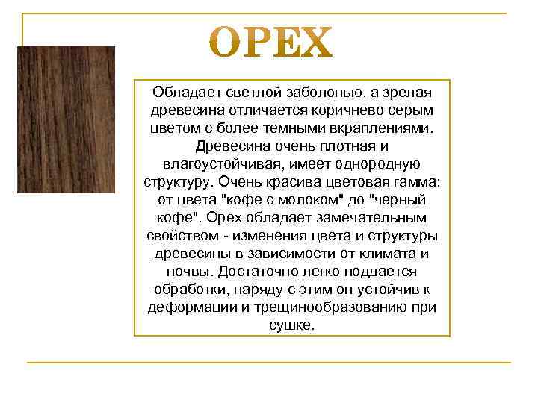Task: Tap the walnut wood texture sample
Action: (66, 120)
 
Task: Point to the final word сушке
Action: (291, 326)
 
